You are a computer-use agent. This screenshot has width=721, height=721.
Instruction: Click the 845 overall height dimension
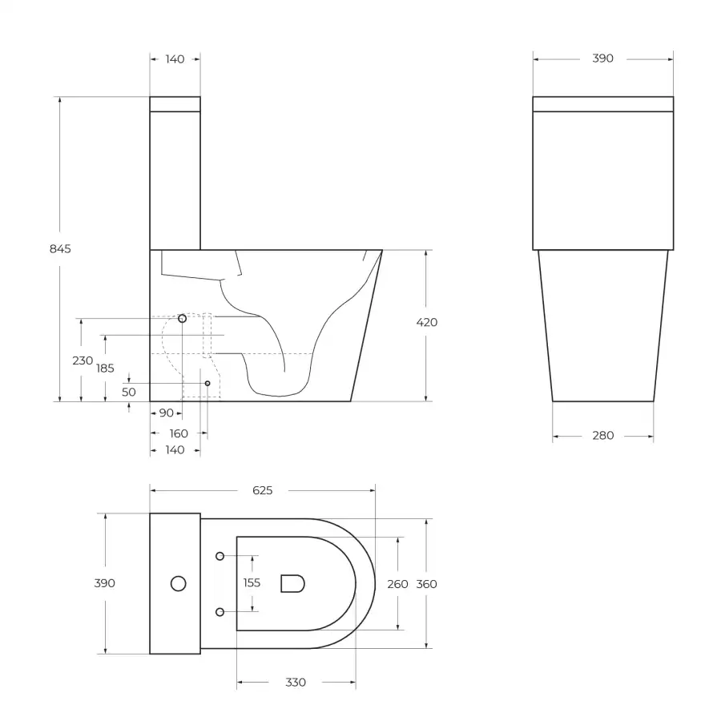60,249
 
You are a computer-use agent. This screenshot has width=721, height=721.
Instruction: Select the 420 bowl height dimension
427,322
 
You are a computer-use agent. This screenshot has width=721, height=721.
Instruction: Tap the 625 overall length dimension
263,490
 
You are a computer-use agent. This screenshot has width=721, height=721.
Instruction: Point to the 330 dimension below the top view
296,683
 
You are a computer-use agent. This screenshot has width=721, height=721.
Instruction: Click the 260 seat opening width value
397,584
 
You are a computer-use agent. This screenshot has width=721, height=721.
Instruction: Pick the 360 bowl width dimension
427,584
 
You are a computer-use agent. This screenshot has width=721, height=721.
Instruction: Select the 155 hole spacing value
252,582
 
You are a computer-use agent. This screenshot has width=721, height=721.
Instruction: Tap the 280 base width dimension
602,436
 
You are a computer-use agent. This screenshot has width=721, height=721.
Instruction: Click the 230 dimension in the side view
83,360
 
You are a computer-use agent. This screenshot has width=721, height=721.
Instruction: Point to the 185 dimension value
105,368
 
